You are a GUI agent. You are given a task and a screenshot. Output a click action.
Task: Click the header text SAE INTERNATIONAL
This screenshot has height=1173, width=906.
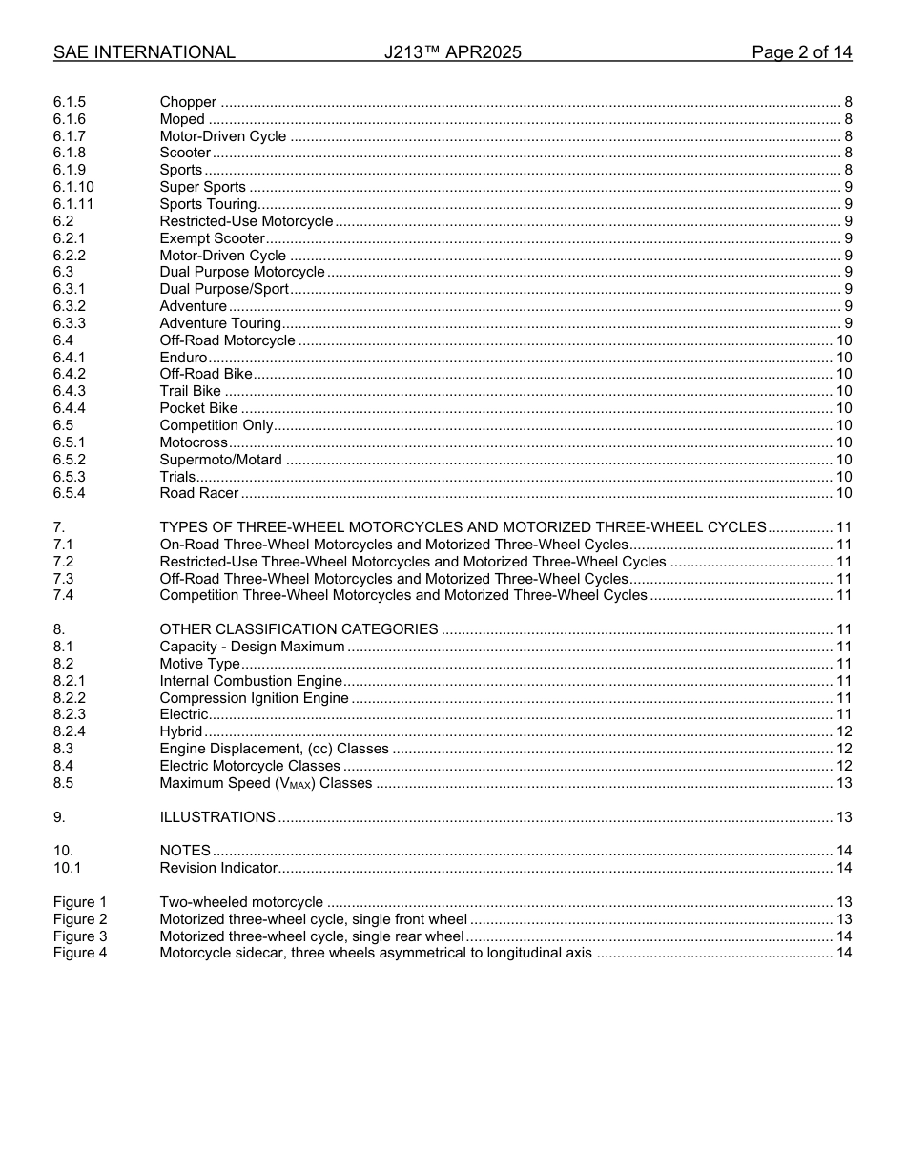144,52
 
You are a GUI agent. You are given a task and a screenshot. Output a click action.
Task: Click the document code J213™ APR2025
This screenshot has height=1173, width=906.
452,52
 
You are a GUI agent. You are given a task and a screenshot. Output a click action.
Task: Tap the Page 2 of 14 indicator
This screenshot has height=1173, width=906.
801,52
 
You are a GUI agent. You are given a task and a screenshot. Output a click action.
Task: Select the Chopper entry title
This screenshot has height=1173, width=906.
188,102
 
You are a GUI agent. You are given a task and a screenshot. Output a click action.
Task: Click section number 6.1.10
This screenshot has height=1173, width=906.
73,187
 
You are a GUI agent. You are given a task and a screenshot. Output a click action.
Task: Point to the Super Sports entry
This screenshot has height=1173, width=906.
202,187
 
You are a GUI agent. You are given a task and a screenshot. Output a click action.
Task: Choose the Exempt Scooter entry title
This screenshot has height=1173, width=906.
212,238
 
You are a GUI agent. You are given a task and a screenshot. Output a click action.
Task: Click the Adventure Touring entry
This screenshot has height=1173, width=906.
219,323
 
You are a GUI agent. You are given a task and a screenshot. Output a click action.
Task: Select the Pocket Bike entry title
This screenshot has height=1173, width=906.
198,408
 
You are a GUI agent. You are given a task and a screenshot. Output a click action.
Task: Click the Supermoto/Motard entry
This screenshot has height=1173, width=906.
220,460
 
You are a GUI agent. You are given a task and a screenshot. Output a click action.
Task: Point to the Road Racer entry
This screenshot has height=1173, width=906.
198,493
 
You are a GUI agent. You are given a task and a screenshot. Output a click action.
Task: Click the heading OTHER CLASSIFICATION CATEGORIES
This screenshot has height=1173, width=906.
299,629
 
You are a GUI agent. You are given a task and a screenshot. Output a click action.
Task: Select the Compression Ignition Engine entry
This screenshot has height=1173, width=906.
254,698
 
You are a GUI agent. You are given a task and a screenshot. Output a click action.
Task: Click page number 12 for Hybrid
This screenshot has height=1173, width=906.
843,731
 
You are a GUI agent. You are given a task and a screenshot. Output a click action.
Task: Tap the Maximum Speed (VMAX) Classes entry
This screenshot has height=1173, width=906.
265,783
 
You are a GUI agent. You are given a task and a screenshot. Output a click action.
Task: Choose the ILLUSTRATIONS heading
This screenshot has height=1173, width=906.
217,817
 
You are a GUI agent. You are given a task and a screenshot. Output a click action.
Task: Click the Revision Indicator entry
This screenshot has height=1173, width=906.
217,868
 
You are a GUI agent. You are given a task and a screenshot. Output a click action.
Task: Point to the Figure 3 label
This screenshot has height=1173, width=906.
80,936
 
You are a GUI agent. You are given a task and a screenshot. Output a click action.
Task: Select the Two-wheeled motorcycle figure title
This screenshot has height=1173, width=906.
241,902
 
